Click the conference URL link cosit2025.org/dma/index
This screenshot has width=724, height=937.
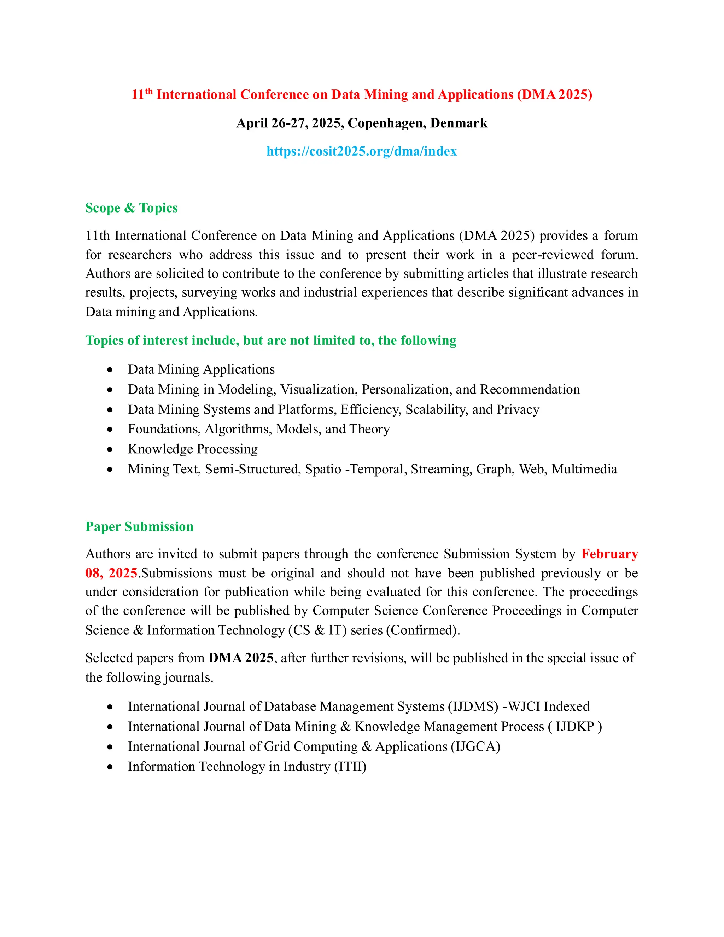click(362, 151)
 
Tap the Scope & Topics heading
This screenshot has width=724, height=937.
click(131, 208)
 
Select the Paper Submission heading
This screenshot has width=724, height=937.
click(139, 526)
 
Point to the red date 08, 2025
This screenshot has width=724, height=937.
click(111, 573)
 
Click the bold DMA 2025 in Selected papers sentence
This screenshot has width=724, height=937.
click(241, 658)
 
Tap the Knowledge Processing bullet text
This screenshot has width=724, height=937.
click(193, 449)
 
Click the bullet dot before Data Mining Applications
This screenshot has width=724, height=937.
click(110, 370)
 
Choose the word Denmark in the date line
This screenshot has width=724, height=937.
click(459, 123)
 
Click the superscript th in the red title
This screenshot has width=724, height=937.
click(149, 91)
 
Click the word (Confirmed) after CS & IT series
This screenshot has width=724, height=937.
click(422, 630)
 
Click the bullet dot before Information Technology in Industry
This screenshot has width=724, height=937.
click(110, 767)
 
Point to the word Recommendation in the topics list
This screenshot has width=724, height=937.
click(530, 389)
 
